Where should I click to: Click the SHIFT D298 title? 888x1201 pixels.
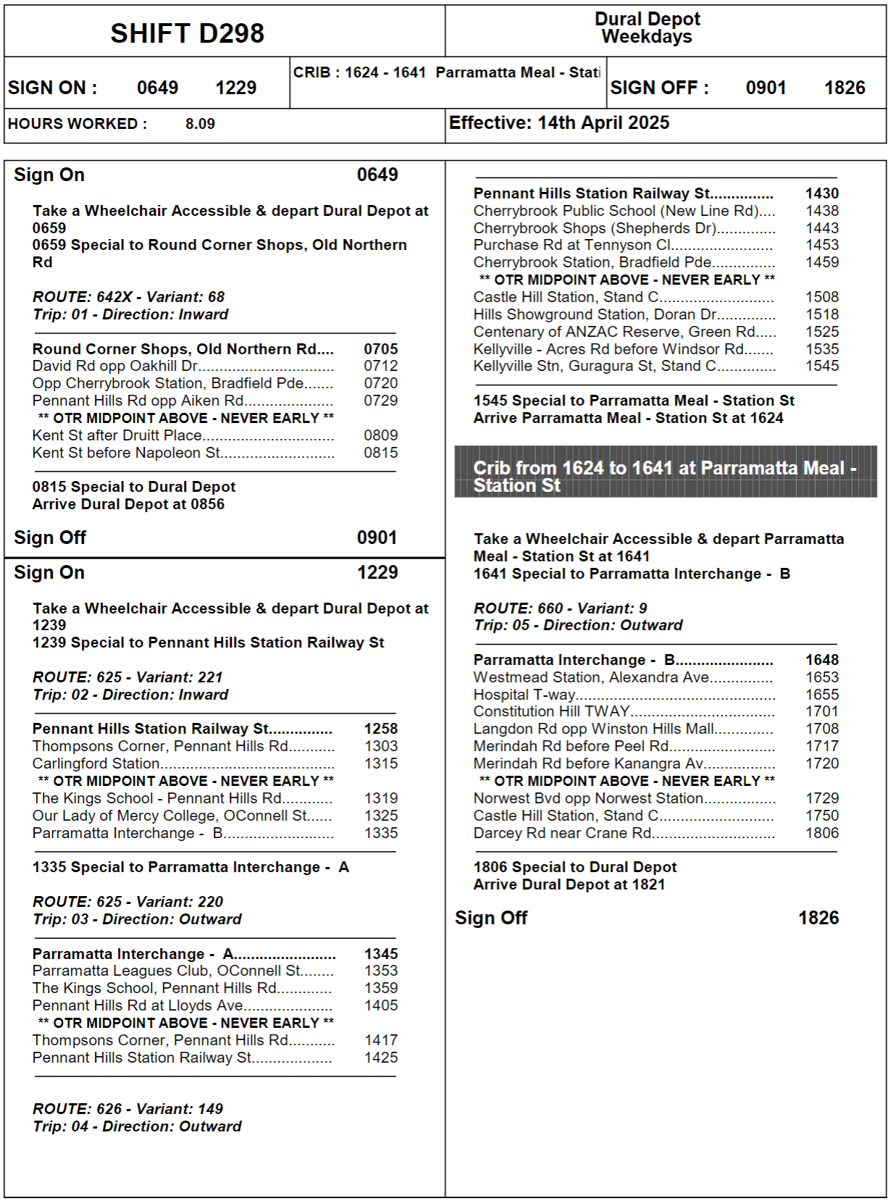tap(187, 33)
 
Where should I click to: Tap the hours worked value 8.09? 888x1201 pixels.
tap(200, 124)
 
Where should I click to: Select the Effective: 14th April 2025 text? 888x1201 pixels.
tap(558, 123)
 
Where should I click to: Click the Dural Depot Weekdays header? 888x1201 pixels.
tap(647, 28)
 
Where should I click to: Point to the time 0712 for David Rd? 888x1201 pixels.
tap(381, 366)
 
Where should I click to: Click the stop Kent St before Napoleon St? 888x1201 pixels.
tap(126, 453)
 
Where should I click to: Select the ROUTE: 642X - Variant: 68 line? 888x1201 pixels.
tap(128, 297)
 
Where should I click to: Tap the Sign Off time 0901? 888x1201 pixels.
tap(377, 537)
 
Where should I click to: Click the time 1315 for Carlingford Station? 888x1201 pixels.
tap(381, 763)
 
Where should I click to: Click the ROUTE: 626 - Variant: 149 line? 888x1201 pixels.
tap(127, 1109)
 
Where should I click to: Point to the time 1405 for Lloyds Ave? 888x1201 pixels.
tap(381, 1005)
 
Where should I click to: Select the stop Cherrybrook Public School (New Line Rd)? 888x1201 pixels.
tap(616, 211)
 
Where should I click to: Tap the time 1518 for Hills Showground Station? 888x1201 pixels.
tap(822, 314)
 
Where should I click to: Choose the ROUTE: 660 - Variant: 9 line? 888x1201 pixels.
tap(560, 608)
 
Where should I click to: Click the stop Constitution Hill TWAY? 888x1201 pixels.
tap(551, 711)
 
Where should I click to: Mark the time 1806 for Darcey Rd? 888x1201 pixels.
tap(822, 833)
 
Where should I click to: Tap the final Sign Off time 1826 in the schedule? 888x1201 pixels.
tap(818, 918)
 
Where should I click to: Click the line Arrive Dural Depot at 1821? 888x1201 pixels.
tap(569, 884)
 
